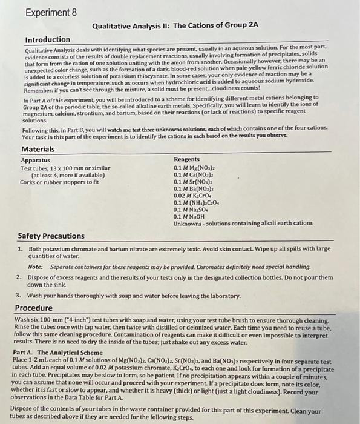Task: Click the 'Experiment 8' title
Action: tap(53, 12)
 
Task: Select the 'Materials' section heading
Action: tap(38, 149)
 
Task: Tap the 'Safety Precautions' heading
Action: tap(51, 236)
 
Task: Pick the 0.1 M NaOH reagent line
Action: tap(189, 216)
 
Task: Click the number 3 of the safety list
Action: tap(19, 295)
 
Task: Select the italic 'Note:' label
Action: tap(35, 267)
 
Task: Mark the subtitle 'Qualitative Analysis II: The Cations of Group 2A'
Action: tap(175, 25)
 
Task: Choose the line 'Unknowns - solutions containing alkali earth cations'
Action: tap(243, 223)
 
